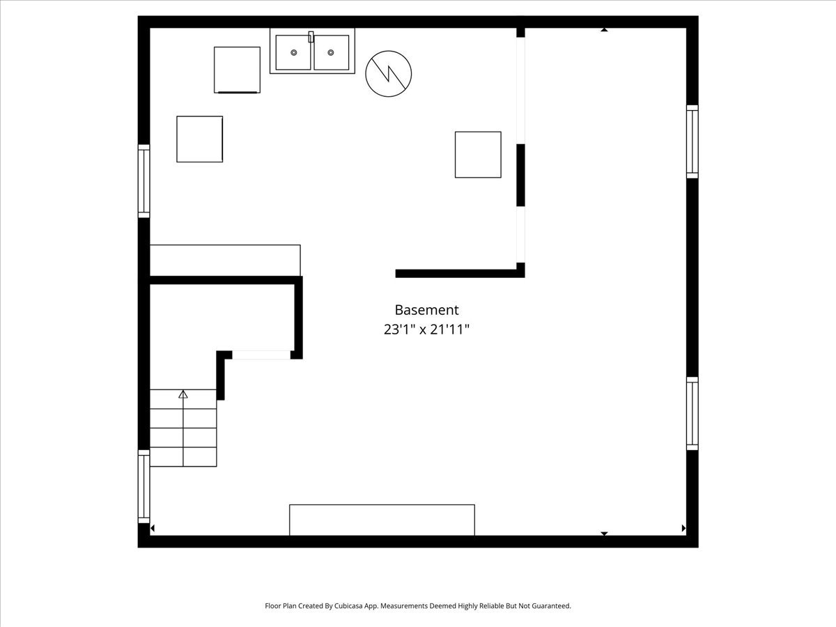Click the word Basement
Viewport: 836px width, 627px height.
(426, 310)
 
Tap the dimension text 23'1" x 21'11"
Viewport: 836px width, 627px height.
(426, 330)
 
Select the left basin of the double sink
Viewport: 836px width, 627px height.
(293, 52)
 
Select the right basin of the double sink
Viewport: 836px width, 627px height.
(332, 52)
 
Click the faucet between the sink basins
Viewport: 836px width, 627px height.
(311, 36)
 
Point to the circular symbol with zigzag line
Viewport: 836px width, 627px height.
(388, 73)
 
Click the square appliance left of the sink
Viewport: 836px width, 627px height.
(237, 70)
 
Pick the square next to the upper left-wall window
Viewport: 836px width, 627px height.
(199, 139)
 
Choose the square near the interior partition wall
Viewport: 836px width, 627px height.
(478, 155)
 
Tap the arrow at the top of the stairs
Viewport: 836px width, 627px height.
(183, 394)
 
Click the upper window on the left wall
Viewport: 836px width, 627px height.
(144, 181)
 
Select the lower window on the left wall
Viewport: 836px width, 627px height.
(144, 486)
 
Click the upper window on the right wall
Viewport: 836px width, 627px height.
(692, 141)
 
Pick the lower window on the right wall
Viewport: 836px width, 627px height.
(692, 413)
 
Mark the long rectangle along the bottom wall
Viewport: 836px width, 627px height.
(382, 520)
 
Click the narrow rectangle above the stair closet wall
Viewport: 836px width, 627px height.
(225, 260)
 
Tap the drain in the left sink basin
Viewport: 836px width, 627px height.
(294, 52)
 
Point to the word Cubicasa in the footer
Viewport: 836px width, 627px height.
(348, 605)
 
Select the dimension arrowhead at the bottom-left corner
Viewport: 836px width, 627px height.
(153, 528)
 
